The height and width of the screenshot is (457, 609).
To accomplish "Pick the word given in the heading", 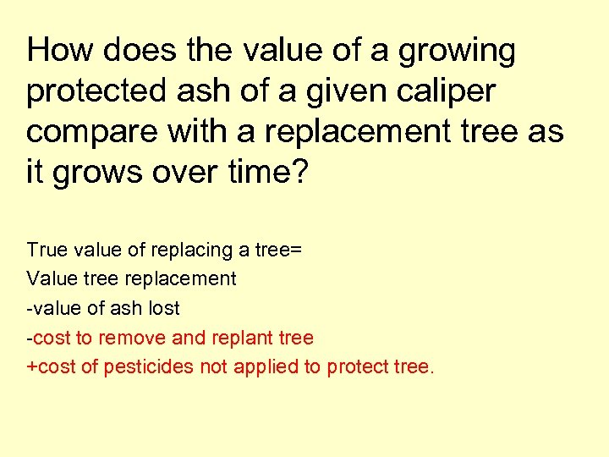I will [x=348, y=92].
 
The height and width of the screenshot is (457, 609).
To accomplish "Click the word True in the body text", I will [x=45, y=250].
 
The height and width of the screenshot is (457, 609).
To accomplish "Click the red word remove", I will [x=133, y=338].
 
